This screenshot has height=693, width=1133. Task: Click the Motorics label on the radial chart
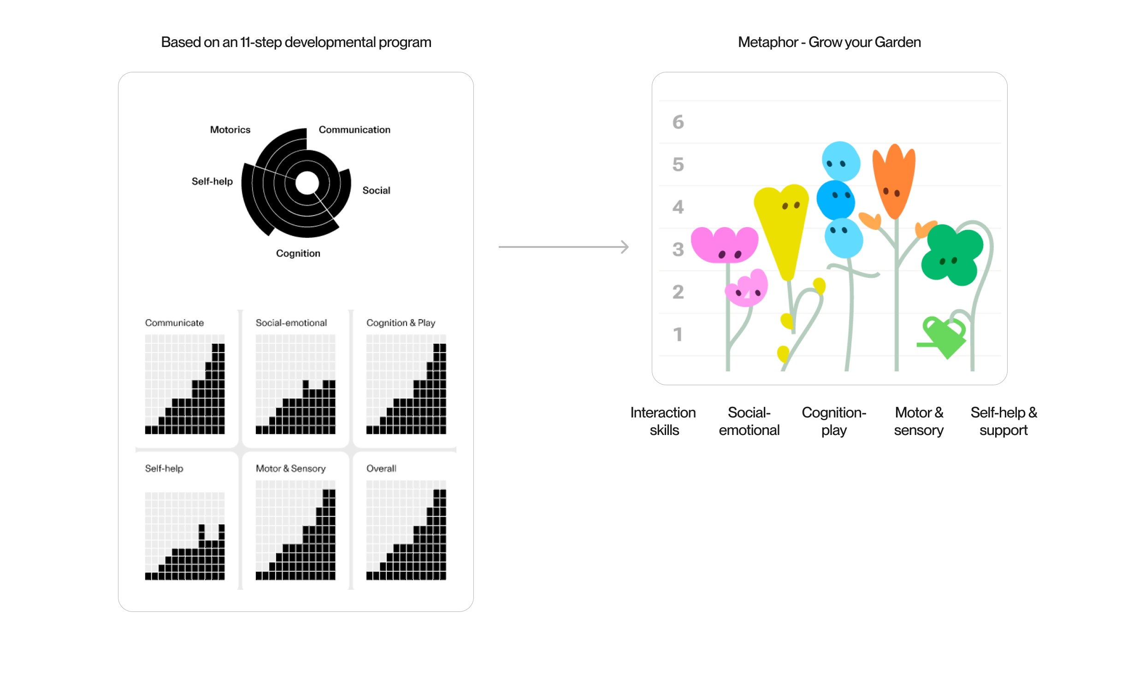(230, 130)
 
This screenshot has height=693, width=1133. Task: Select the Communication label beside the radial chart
(354, 130)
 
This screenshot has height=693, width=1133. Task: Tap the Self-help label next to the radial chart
(212, 182)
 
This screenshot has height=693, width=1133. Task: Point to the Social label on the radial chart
(376, 190)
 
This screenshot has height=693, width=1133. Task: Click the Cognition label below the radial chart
(298, 253)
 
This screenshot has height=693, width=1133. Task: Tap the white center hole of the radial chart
(307, 183)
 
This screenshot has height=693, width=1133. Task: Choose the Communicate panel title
(174, 323)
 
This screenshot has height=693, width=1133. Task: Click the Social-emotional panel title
(291, 323)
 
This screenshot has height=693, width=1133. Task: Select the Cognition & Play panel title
(401, 323)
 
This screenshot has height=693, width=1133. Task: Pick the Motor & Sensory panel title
(291, 469)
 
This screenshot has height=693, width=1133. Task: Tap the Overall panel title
(381, 469)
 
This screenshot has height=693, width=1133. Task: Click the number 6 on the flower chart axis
(678, 122)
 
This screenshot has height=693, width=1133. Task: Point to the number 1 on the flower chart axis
(678, 335)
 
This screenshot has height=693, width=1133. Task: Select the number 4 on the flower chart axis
(678, 207)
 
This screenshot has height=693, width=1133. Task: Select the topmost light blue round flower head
(841, 161)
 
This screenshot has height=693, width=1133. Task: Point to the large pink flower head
(724, 245)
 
